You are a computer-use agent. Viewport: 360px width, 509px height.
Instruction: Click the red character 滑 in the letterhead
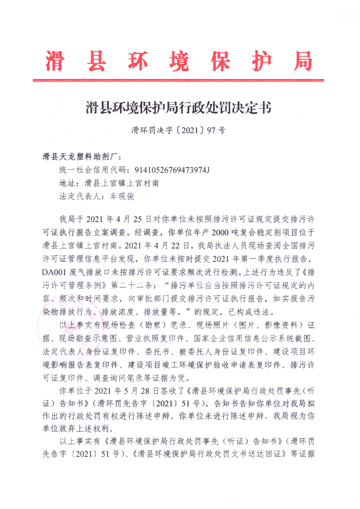click(x=56, y=61)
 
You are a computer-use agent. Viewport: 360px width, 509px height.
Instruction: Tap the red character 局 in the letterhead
click(x=302, y=61)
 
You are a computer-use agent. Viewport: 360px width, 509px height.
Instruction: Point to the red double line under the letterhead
click(x=178, y=80)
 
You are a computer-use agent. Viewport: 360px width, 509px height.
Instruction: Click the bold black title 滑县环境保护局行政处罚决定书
click(x=178, y=108)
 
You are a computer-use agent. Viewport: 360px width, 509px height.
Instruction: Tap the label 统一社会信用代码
click(x=91, y=170)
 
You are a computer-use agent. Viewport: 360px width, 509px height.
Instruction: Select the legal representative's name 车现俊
click(x=122, y=196)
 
